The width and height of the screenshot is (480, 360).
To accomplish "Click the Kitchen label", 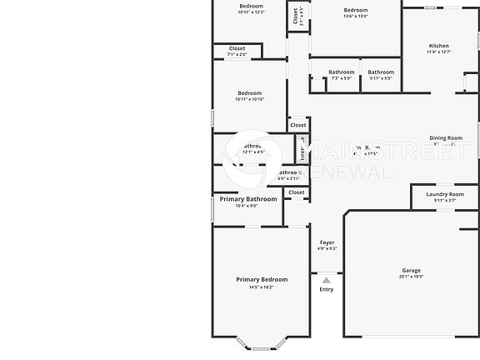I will (x=438, y=46).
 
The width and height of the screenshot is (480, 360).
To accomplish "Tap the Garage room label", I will (x=412, y=271).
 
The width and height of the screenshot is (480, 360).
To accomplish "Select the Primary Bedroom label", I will (x=262, y=279).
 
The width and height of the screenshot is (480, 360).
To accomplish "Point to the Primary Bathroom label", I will (x=248, y=199).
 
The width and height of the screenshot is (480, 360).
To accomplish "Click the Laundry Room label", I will (x=445, y=194).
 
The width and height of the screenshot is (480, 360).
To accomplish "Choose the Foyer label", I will (x=327, y=242).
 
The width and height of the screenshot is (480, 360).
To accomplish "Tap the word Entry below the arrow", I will (x=327, y=289).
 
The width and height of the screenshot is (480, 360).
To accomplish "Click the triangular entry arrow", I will (x=327, y=280).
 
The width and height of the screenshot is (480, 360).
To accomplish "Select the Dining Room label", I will (x=446, y=137).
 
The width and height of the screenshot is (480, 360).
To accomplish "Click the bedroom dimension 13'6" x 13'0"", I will (x=356, y=16).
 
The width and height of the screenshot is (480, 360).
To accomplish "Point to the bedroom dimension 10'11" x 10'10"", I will (x=249, y=99).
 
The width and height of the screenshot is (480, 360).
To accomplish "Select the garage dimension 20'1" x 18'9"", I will (x=412, y=277).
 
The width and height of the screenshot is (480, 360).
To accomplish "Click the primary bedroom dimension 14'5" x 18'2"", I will (x=262, y=287).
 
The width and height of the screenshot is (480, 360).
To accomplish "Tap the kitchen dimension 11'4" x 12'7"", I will (x=438, y=52).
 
